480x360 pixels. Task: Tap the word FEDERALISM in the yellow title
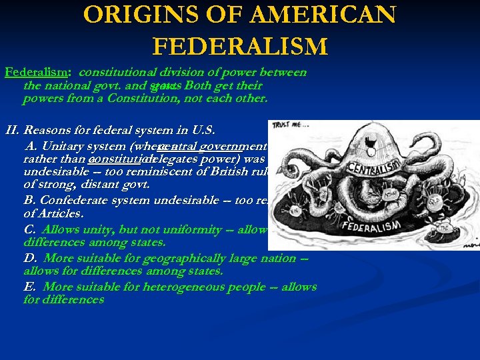240,47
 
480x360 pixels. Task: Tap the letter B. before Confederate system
29,200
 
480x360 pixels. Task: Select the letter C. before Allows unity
30,229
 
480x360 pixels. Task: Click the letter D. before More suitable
30,258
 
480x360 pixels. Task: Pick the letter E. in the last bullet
29,287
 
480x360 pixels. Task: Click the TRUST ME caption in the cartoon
287,126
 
